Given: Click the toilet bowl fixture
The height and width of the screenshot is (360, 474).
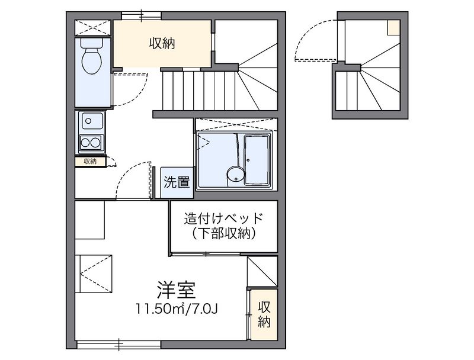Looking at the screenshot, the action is [x=92, y=56].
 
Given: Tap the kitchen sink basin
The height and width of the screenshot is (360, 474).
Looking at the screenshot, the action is [x=91, y=121].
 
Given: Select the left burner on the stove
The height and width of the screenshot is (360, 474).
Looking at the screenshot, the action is [x=85, y=142].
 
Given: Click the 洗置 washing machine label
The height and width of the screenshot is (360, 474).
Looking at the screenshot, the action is [x=177, y=182].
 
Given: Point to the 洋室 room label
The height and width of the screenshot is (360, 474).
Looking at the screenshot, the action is [x=176, y=290].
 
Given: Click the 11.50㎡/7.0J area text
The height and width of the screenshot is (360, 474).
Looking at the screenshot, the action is [x=177, y=308].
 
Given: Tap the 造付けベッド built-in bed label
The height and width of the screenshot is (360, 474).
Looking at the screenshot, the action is [x=224, y=218].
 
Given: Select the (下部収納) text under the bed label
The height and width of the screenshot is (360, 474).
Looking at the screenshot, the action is [x=224, y=233].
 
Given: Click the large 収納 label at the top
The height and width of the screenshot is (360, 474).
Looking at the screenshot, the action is [x=162, y=44].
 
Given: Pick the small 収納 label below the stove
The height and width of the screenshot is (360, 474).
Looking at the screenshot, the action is [x=90, y=162].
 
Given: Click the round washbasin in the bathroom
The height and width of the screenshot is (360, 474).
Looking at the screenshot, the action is [x=235, y=176].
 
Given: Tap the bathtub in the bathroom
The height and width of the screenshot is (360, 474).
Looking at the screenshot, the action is [x=257, y=160].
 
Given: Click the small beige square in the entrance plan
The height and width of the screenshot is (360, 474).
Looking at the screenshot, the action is [x=394, y=28].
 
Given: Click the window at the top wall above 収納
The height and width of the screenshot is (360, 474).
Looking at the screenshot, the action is [x=141, y=16].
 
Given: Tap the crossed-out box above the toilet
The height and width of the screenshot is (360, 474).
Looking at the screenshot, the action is [x=92, y=28].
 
